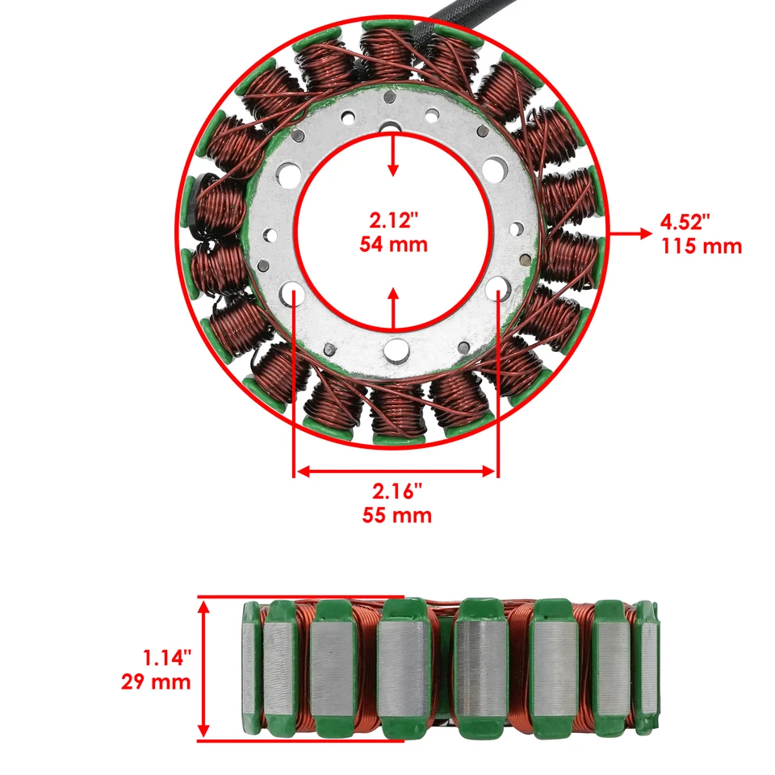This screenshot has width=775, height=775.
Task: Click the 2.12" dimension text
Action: pos(393,220)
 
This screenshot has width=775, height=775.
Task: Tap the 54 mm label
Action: pos(393,243)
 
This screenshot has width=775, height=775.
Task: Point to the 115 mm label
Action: pos(700,246)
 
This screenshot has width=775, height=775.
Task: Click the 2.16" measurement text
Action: pos(396,490)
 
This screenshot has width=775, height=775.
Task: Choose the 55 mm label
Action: pos(396,515)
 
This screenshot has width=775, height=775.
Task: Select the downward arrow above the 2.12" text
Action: pos(393,157)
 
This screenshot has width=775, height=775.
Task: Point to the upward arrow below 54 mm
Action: pos(393,306)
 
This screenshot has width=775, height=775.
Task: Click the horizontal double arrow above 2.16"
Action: pos(396,470)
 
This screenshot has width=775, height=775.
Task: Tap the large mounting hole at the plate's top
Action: pos(393,129)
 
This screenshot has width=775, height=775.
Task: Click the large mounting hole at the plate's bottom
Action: pos(396,349)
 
